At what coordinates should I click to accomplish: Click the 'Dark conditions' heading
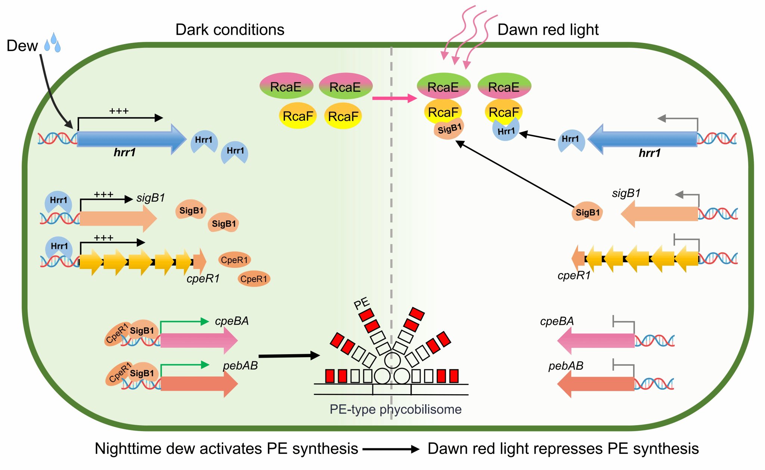pyautogui.click(x=230, y=30)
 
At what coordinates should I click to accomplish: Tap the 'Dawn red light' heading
pyautogui.click(x=548, y=30)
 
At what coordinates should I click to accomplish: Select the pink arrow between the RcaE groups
pyautogui.click(x=394, y=98)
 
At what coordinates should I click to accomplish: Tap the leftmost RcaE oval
pyautogui.click(x=286, y=86)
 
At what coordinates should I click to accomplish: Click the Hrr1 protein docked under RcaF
pyautogui.click(x=506, y=131)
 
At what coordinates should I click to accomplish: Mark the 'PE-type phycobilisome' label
pyautogui.click(x=395, y=409)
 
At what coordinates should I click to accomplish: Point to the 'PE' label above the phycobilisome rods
pyautogui.click(x=362, y=303)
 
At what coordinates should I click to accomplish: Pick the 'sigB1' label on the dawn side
pyautogui.click(x=626, y=193)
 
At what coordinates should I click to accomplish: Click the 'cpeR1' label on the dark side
pyautogui.click(x=203, y=279)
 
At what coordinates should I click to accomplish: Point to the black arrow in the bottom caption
pyautogui.click(x=391, y=449)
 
